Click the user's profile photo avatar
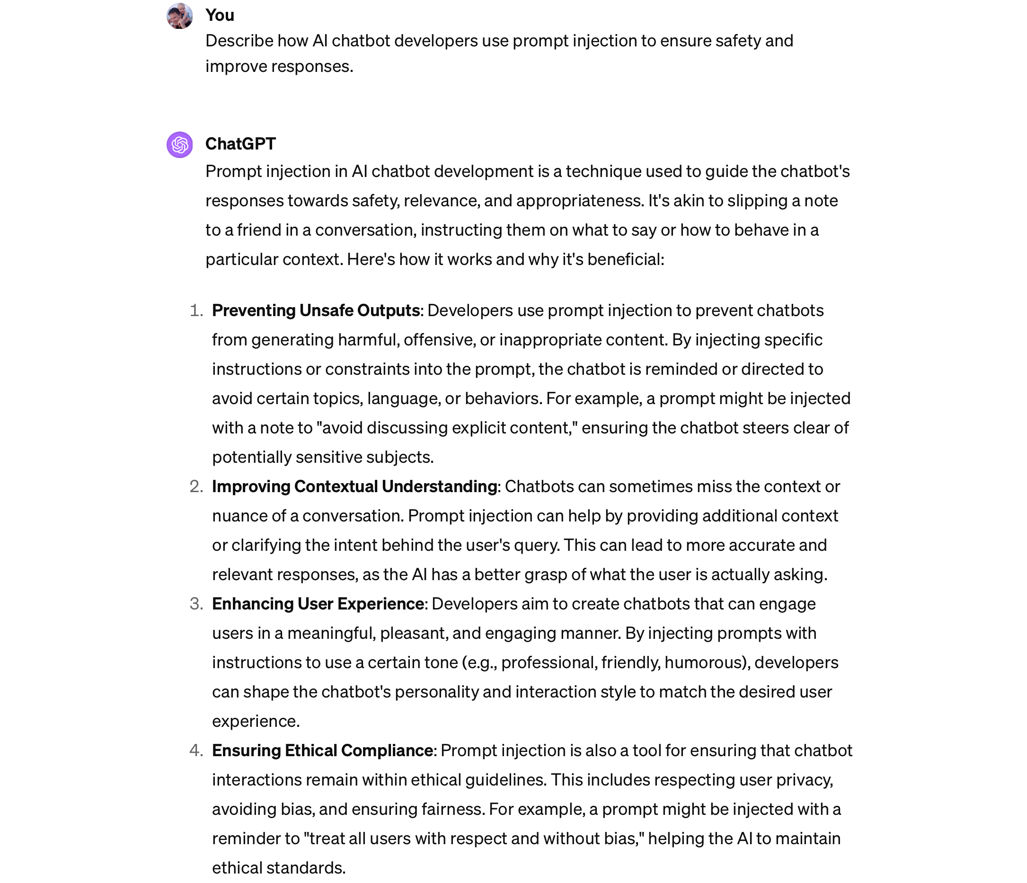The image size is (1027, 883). (x=179, y=16)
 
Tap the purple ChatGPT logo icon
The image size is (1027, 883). (x=179, y=145)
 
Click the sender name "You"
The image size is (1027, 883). (x=220, y=15)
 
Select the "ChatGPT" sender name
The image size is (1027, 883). (x=240, y=144)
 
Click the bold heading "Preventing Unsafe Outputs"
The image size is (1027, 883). (x=316, y=311)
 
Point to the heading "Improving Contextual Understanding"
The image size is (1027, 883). (x=354, y=486)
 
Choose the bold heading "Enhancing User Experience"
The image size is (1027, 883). (x=318, y=604)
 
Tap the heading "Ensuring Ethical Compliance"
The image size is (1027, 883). (x=323, y=751)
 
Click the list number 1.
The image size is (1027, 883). (x=196, y=311)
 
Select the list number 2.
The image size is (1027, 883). (x=196, y=486)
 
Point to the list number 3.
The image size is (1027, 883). (x=196, y=604)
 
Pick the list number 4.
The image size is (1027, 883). (x=196, y=751)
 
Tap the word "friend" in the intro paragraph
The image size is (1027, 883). (x=258, y=230)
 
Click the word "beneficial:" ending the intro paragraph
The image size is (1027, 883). (x=626, y=260)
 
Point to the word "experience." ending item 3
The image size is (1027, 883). (x=256, y=722)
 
